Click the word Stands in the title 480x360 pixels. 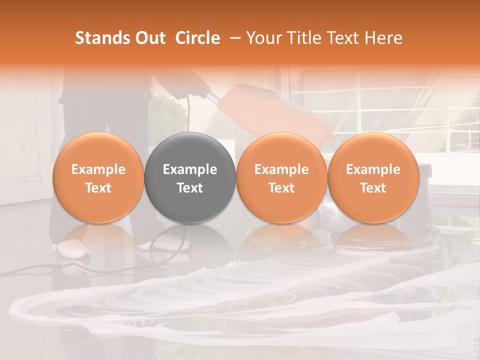(x=100, y=38)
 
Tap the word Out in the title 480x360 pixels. (x=148, y=38)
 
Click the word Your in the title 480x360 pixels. (x=265, y=38)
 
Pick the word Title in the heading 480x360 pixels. (x=305, y=38)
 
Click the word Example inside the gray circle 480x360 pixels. (x=190, y=169)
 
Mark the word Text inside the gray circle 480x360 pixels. (x=190, y=187)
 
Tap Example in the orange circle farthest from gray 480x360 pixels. (x=373, y=169)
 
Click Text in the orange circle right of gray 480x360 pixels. (x=281, y=187)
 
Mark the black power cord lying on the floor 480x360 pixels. (x=30, y=270)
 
